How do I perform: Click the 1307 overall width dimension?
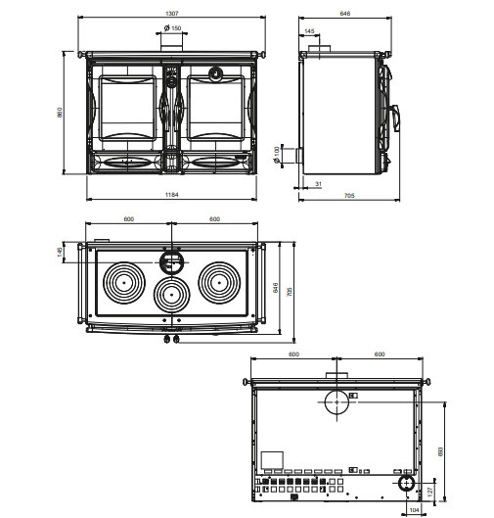coord(171,13)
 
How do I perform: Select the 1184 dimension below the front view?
coord(171,195)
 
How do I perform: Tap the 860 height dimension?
coord(60,113)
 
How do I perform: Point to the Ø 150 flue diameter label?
coord(172,28)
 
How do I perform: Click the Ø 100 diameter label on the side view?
coord(277,155)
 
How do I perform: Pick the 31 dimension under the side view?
coord(318,184)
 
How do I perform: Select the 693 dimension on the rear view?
coord(440,452)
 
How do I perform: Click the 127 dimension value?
coord(430,492)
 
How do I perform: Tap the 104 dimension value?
coord(414,510)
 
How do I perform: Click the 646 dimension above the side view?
coord(345,13)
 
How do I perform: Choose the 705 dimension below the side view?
coord(349,195)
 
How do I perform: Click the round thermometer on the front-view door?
coord(215,73)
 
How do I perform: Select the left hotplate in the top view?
coord(124,283)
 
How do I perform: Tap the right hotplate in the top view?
coord(219,282)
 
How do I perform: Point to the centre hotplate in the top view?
coord(171,295)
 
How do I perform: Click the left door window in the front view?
coord(127,108)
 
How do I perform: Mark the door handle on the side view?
coord(395,118)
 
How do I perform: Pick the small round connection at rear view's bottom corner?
coord(407,484)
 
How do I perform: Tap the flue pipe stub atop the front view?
coord(171,43)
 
